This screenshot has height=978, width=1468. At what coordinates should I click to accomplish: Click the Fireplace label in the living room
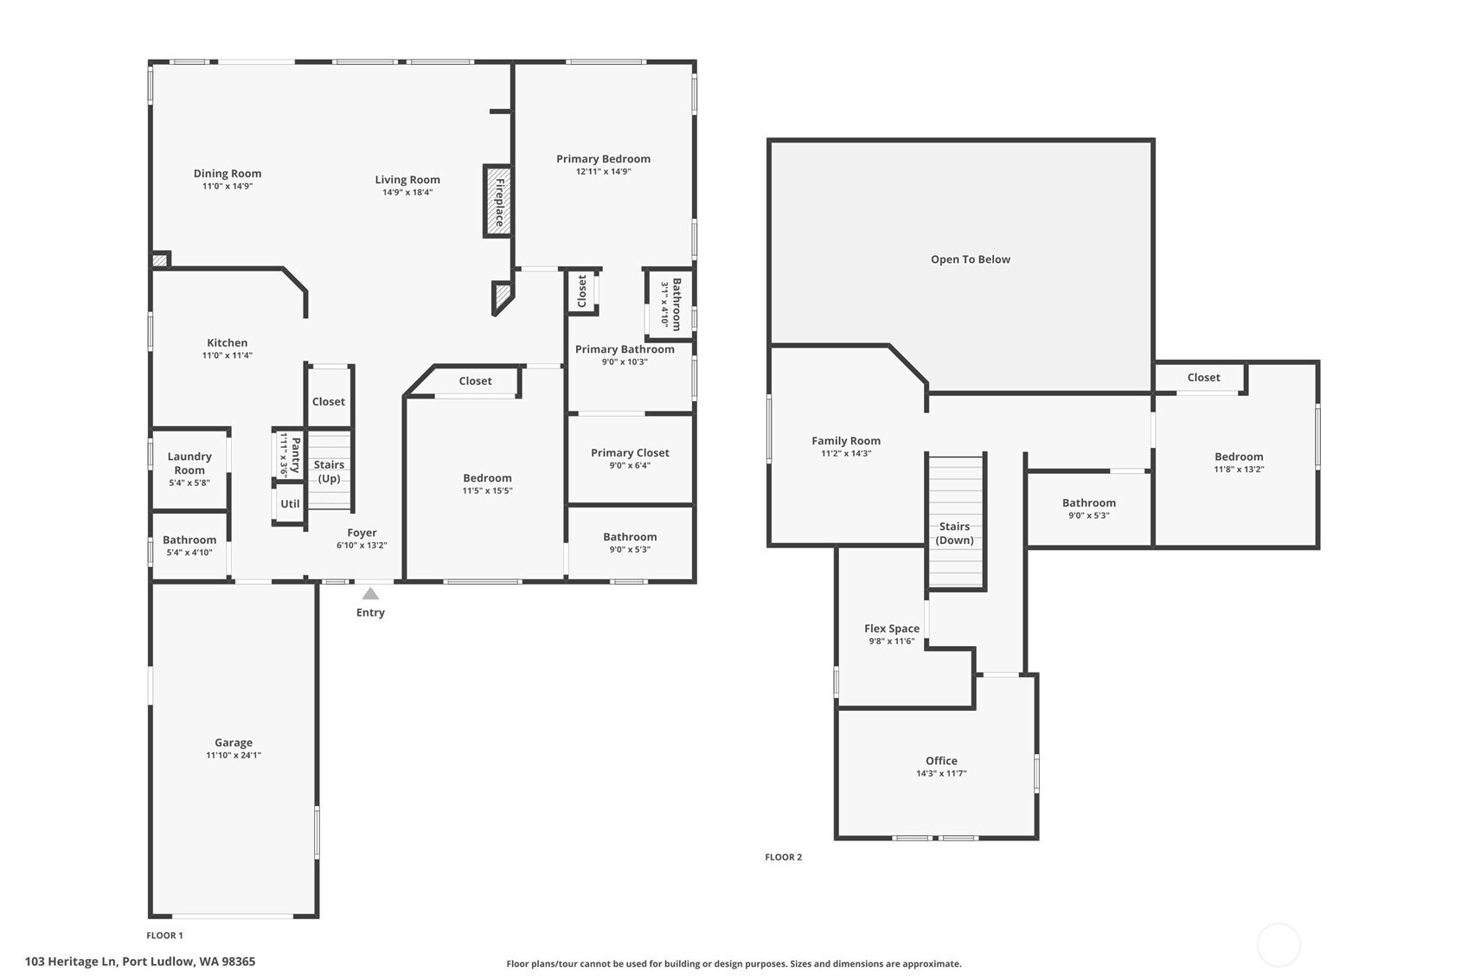tap(499, 202)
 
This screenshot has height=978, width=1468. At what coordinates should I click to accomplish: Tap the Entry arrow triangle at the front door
tap(370, 593)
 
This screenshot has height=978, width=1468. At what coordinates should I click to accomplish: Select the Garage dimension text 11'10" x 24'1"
tap(234, 755)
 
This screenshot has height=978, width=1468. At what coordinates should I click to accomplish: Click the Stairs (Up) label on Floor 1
tap(329, 471)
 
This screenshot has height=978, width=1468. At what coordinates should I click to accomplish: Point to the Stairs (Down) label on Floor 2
tap(954, 534)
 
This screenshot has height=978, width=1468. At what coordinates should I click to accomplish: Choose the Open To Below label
tap(971, 259)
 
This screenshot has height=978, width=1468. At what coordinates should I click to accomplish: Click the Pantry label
tap(296, 455)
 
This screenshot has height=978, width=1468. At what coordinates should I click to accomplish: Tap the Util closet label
tap(291, 504)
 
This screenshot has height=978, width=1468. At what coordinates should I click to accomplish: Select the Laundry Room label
tap(189, 463)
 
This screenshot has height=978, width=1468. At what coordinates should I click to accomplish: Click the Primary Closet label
tap(630, 452)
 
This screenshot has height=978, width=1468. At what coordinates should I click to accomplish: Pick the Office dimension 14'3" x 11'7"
tap(942, 774)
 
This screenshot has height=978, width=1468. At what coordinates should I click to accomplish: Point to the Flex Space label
tap(892, 629)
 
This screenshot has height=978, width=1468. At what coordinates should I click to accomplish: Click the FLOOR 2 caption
tap(784, 857)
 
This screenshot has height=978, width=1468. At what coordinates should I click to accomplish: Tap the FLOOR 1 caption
tap(165, 936)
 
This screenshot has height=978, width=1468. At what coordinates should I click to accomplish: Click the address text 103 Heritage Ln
tap(71, 962)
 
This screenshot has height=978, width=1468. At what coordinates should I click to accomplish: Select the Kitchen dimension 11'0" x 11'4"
tap(228, 355)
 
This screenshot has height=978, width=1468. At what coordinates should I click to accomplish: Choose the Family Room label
tap(846, 441)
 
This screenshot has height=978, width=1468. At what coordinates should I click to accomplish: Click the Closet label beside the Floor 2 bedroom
tap(1204, 377)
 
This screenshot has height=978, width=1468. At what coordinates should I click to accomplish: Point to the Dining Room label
tap(228, 174)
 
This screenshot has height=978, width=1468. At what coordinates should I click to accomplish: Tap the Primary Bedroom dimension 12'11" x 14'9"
tap(604, 171)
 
